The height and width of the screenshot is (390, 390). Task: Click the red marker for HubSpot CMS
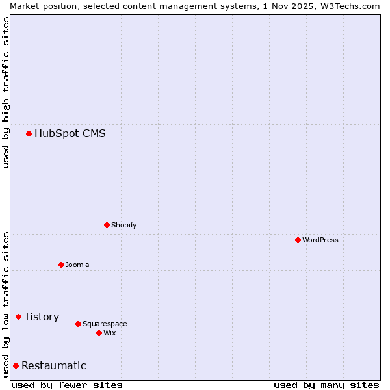pyautogui.click(x=29, y=134)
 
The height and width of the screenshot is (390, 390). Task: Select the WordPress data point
pyautogui.click(x=298, y=240)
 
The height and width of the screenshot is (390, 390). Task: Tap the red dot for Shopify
pyautogui.click(x=107, y=226)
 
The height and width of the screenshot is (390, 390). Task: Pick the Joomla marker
pyautogui.click(x=61, y=265)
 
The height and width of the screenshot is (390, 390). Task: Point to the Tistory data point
pyautogui.click(x=18, y=317)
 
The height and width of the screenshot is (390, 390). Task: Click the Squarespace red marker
pyautogui.click(x=78, y=324)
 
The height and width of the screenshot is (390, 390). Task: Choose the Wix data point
pyautogui.click(x=99, y=333)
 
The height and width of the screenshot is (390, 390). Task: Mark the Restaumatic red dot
pyautogui.click(x=16, y=366)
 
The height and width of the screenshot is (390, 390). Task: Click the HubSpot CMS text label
pyautogui.click(x=70, y=134)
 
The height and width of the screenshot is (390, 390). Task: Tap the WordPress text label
pyautogui.click(x=320, y=240)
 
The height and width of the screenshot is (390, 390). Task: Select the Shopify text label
pyautogui.click(x=124, y=226)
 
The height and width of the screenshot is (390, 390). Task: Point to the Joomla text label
pyautogui.click(x=77, y=265)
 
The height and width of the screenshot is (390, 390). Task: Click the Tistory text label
pyautogui.click(x=42, y=317)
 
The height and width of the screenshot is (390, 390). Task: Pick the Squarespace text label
pyautogui.click(x=105, y=324)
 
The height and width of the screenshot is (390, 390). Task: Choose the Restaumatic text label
pyautogui.click(x=54, y=366)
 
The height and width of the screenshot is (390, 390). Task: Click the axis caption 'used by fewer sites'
pyautogui.click(x=67, y=385)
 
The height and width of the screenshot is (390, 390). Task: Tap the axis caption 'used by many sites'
pyautogui.click(x=326, y=385)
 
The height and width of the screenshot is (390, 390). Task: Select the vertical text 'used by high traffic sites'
pyautogui.click(x=6, y=92)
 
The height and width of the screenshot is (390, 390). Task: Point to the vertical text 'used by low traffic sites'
pyautogui.click(x=6, y=304)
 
